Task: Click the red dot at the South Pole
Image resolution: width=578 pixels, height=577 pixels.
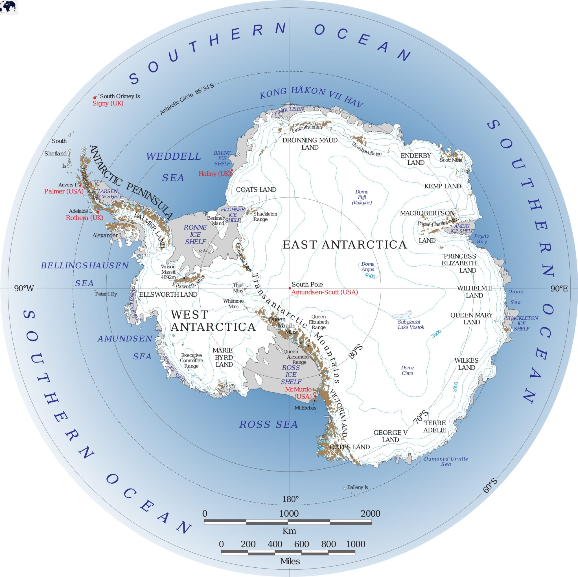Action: pos(290,288)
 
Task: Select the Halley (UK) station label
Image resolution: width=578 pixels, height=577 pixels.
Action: pos(214,174)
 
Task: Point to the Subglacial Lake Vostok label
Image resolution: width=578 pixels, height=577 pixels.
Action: pos(411,325)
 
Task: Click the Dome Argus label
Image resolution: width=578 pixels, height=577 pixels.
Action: pos(368,267)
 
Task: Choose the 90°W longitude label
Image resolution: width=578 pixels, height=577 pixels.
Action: pos(24,288)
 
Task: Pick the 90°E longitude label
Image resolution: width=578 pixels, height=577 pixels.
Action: pos(559,288)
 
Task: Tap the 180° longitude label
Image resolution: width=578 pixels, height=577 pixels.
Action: pos(290,499)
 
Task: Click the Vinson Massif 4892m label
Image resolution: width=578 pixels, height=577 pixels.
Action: pos(168,272)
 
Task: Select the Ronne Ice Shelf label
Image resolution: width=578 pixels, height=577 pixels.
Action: pos(195,234)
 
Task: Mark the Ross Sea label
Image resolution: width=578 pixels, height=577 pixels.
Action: pos(268,424)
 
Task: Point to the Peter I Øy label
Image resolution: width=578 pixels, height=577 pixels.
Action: pos(106,294)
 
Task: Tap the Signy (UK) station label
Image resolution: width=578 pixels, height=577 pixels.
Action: pos(108,103)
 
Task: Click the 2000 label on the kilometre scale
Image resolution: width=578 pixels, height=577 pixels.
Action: pos(370,514)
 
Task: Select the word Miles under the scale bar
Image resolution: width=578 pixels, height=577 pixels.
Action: pos(290,561)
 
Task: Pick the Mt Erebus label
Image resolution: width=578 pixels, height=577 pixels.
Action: pos(305,408)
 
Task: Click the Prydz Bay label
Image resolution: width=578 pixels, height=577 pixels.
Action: pos(482,239)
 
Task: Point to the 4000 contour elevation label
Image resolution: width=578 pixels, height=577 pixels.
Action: pos(370,276)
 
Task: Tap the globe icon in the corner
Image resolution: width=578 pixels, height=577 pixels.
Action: pos(9,6)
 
